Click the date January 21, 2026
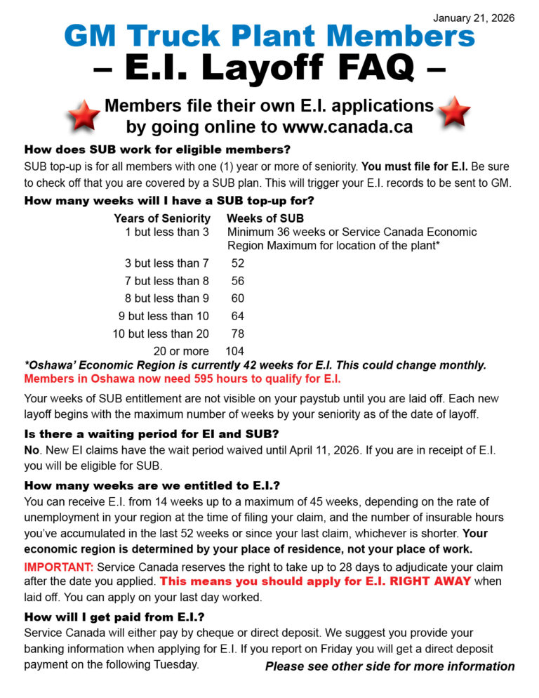coord(474,18)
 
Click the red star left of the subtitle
coord(84,116)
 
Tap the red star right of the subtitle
coord(453,112)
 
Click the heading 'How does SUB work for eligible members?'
coord(157,150)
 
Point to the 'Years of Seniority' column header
coord(162,218)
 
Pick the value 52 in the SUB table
coord(238,263)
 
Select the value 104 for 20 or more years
coord(235,351)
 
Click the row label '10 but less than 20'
coord(161,334)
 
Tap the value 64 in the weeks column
coord(238,316)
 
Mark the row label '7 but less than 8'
coord(166,281)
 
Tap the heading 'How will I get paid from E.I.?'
coord(114,617)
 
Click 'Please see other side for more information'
coord(390,666)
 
